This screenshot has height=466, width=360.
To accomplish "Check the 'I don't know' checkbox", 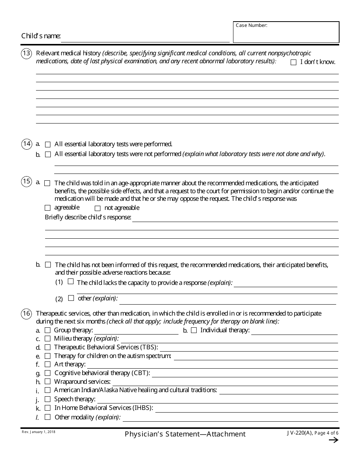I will click(293, 63).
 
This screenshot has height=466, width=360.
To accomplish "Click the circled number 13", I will click(26, 54).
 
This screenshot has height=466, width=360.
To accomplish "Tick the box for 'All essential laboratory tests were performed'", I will click(48, 144).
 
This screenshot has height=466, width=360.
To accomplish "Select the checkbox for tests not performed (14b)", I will click(48, 154).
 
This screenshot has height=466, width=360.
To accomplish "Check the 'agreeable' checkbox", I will click(47, 208).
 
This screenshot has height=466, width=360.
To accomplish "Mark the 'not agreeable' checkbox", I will click(97, 208).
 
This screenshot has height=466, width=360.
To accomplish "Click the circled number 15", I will click(26, 182).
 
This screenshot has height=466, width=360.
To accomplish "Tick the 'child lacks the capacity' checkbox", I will click(70, 281).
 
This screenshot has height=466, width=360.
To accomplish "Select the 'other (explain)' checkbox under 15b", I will click(71, 298).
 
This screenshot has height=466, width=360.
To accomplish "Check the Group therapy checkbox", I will click(47, 330).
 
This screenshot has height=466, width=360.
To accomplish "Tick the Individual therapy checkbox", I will click(194, 330).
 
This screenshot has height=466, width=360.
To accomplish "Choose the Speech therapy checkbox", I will click(47, 399).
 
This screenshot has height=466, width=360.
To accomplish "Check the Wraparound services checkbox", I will click(47, 382).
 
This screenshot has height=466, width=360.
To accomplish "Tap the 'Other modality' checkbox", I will click(47, 417).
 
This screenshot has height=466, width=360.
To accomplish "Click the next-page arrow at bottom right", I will click(333, 440).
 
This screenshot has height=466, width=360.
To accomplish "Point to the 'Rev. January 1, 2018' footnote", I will click(38, 432).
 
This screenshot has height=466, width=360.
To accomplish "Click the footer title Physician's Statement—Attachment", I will click(185, 434).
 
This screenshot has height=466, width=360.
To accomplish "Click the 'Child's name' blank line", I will click(145, 38).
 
